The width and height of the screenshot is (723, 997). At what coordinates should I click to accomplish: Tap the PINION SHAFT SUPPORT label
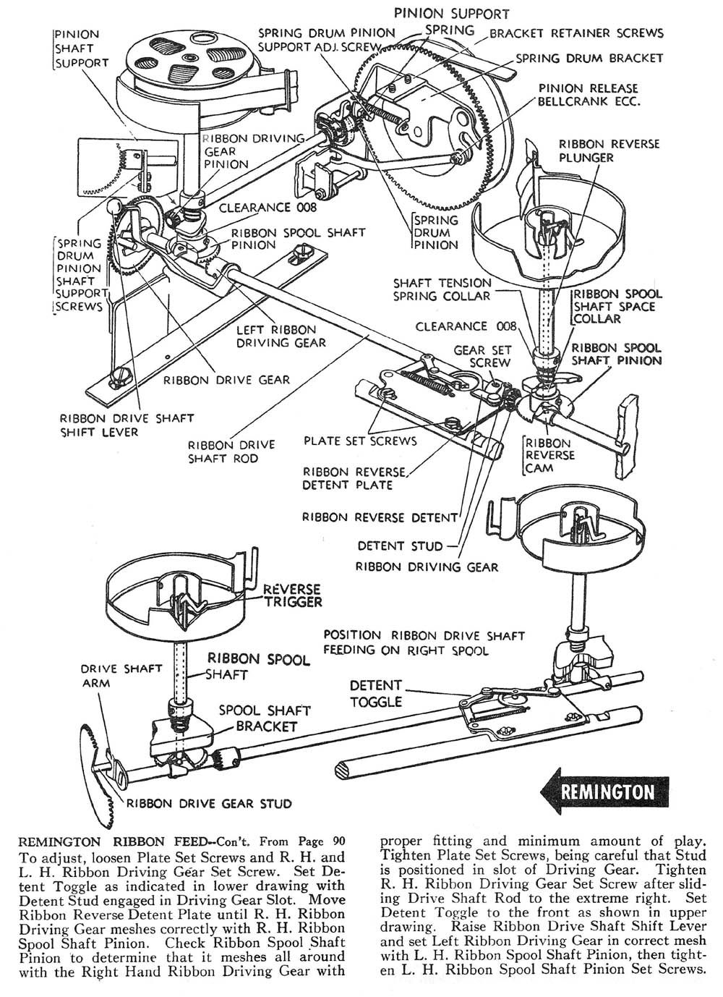(81, 48)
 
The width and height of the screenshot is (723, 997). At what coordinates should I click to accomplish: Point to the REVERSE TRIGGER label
(293, 595)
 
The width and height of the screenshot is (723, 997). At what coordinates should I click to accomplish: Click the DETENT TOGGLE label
(375, 692)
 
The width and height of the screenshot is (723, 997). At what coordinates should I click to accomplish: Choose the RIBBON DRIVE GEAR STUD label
(210, 803)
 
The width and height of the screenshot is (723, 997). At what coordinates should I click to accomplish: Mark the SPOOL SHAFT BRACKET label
(265, 718)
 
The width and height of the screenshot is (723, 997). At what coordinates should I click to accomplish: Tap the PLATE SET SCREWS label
(360, 440)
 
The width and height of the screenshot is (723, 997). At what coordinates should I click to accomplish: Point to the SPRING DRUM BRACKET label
(589, 58)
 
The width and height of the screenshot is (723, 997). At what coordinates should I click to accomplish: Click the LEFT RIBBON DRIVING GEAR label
(281, 336)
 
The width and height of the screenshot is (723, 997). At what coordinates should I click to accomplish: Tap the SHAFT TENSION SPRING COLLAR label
(442, 289)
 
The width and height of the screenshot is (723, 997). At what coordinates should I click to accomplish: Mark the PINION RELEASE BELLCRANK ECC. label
(589, 95)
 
